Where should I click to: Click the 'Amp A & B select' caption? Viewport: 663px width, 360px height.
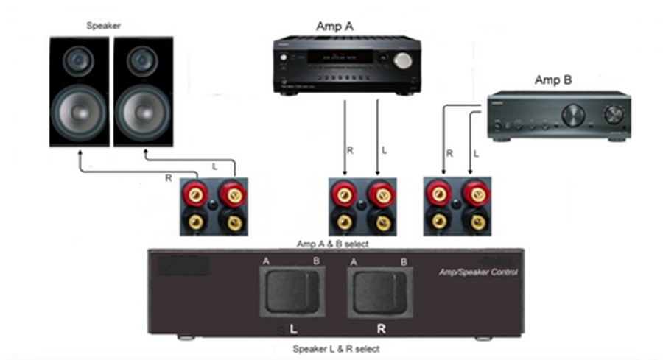pyautogui.click(x=331, y=243)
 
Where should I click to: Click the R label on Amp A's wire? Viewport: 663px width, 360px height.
pyautogui.click(x=351, y=150)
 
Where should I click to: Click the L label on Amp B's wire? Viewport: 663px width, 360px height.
pyautogui.click(x=476, y=154)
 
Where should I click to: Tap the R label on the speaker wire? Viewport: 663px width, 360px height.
pyautogui.click(x=169, y=177)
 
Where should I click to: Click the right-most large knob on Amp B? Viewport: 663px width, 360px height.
pyautogui.click(x=613, y=114)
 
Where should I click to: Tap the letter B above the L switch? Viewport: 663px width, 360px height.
pyautogui.click(x=316, y=261)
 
